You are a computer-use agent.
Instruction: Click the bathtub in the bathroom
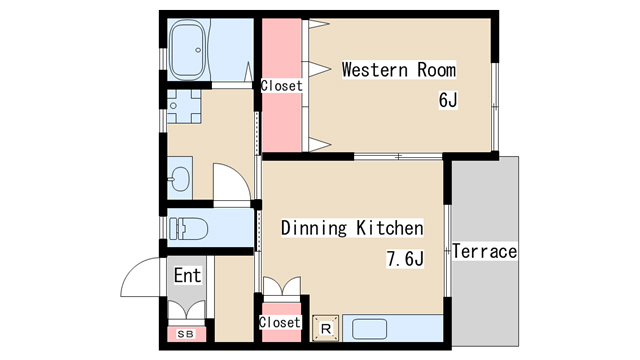pos(187,50)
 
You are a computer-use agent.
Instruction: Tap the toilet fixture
pos(189,228)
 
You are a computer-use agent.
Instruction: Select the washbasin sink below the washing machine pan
pos(180,178)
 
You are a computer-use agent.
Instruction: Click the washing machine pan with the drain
pos(184,106)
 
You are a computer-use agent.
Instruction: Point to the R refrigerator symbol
pos(326,328)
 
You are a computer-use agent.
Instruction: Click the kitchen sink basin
pos(369,329)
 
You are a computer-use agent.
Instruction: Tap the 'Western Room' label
pos(399,70)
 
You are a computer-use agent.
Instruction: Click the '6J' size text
pos(448,100)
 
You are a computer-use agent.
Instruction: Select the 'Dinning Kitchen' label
pos(352,228)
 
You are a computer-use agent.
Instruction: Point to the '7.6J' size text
pos(405,258)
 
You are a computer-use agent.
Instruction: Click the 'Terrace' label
pos(484,251)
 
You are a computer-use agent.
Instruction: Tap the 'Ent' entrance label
pos(187,275)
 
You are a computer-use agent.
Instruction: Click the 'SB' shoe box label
pos(186,334)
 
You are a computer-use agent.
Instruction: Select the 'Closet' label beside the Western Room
pos(282,86)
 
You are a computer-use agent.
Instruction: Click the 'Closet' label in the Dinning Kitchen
pos(280,322)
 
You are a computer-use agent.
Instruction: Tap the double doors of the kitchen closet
pos(282,286)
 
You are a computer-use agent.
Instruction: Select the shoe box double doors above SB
pos(187,310)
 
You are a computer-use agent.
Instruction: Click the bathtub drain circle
pos(198,50)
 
